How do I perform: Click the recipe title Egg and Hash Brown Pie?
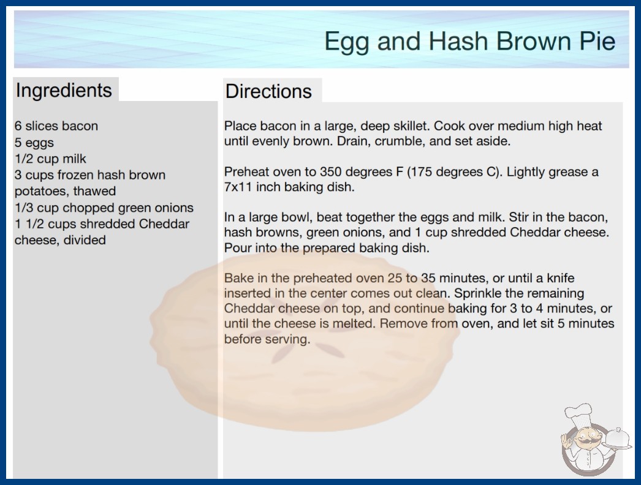(x=469, y=42)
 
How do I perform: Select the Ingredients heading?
(x=64, y=91)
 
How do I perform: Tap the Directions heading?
(x=268, y=91)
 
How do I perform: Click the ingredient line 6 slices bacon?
(x=56, y=126)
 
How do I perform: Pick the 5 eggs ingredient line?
(x=34, y=143)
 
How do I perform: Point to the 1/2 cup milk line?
(x=51, y=159)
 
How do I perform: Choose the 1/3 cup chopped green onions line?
(x=104, y=208)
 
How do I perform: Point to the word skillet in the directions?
(x=411, y=126)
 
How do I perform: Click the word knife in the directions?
(x=561, y=278)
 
